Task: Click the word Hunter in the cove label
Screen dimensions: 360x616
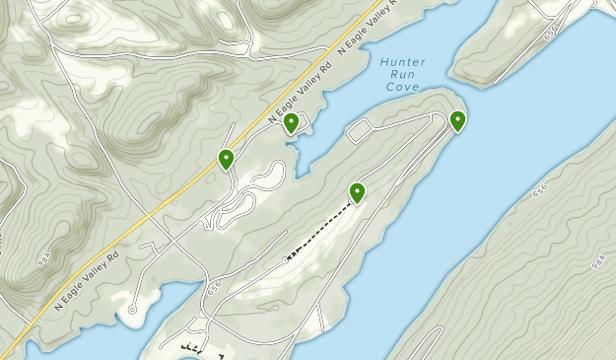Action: point(402,62)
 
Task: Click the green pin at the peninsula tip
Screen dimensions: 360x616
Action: point(458,121)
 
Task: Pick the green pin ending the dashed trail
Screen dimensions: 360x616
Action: point(358,192)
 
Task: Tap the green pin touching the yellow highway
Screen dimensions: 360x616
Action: point(226,158)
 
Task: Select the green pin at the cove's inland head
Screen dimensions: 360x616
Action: point(292,123)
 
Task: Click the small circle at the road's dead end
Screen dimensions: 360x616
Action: point(132,309)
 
